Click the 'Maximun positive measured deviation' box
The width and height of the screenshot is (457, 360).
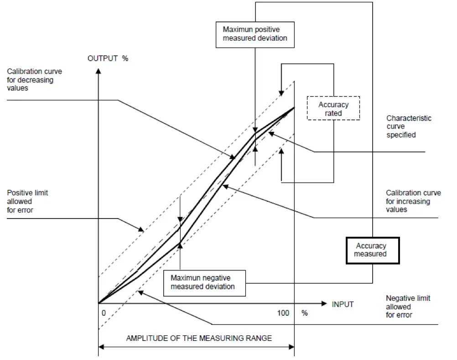pos(255,33)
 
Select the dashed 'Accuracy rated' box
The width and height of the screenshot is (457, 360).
pos(333,108)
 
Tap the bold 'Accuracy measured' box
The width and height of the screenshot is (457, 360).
pos(373,250)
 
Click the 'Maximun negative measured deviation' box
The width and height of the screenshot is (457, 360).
pos(204,282)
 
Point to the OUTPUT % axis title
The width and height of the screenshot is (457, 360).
pos(108,58)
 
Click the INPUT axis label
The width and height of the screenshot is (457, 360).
pos(343,304)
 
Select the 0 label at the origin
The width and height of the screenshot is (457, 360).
pos(104,313)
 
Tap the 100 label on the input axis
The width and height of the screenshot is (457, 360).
pos(283,313)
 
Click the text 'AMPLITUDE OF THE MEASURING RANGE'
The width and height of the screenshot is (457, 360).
pos(199,338)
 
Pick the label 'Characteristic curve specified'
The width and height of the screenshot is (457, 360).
pos(409,126)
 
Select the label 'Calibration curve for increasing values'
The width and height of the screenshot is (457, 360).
pos(413,201)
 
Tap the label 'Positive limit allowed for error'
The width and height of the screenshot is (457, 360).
pos(27,201)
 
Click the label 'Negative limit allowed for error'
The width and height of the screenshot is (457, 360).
pos(408,307)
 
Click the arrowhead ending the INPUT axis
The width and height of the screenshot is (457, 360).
pos(324,303)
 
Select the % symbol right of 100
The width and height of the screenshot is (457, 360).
pos(304,313)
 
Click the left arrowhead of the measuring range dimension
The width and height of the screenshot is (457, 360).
pos(102,347)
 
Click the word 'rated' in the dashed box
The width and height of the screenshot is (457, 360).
pos(333,112)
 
